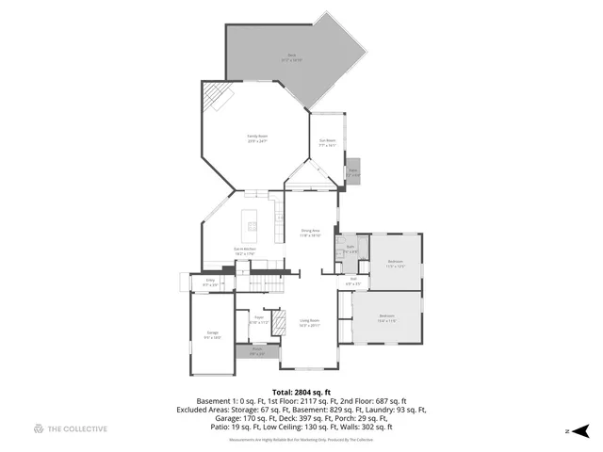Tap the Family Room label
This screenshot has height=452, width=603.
[x=257, y=138]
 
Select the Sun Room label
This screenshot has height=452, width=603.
[x=327, y=144]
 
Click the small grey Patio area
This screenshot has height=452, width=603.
[x=353, y=171]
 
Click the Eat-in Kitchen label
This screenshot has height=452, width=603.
[x=246, y=251]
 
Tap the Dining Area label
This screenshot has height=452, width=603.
[x=311, y=233]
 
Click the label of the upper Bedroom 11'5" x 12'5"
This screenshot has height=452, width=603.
[x=396, y=264]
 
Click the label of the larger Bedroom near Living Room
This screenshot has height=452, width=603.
[x=387, y=318]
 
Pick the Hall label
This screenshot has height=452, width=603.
[x=353, y=281]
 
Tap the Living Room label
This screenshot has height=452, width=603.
[x=310, y=323]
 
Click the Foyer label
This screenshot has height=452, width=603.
[x=258, y=319]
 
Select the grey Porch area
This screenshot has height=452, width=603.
[x=257, y=351]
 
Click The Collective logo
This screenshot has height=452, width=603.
[x=70, y=429]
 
